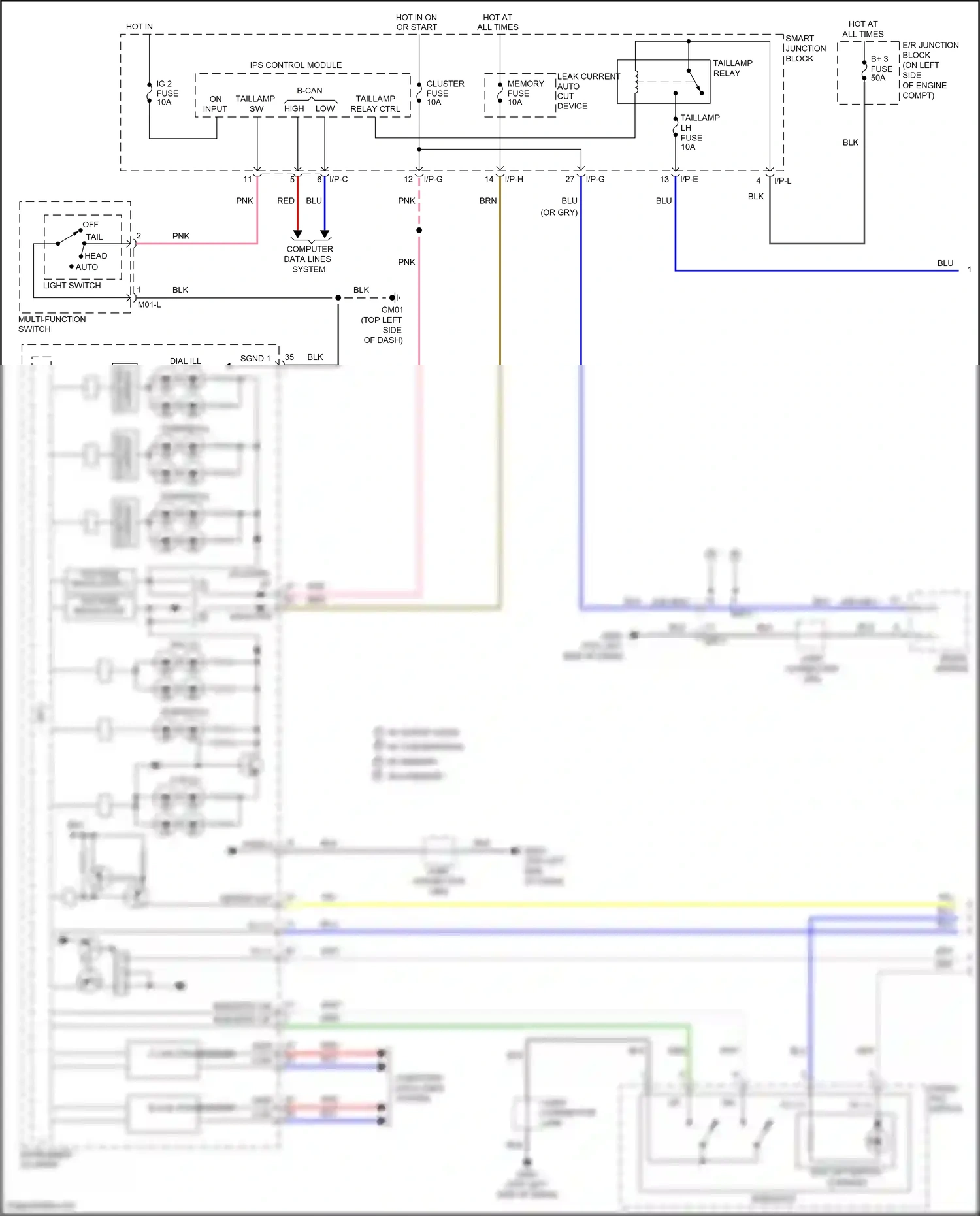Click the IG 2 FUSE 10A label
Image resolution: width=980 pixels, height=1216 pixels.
click(x=167, y=93)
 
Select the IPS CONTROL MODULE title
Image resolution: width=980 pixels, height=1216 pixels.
click(x=295, y=65)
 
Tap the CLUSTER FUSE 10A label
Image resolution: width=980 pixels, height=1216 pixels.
click(x=444, y=93)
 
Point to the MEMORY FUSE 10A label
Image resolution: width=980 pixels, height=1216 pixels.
click(x=525, y=93)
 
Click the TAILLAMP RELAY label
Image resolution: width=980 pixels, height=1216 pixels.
click(x=732, y=68)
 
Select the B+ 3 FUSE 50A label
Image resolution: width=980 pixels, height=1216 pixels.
click(x=881, y=69)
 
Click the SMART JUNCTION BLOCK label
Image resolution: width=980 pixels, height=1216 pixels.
click(x=805, y=48)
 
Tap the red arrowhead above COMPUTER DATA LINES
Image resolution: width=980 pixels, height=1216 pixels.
click(x=297, y=234)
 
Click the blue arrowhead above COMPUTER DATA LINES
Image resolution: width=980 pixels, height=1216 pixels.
click(x=325, y=234)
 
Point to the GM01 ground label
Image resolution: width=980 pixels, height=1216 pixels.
click(x=392, y=310)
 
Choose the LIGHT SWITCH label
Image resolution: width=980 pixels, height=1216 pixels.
click(x=72, y=286)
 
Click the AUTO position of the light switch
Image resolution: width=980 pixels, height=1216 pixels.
click(x=86, y=267)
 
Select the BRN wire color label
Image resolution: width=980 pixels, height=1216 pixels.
click(x=488, y=201)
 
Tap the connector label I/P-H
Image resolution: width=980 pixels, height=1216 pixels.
click(x=514, y=179)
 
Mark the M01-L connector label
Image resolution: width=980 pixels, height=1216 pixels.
click(x=149, y=304)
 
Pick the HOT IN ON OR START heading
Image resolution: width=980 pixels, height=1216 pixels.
click(x=416, y=22)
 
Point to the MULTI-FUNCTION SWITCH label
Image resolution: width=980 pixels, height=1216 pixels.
click(x=52, y=324)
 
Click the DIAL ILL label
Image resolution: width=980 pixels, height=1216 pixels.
click(x=185, y=361)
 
